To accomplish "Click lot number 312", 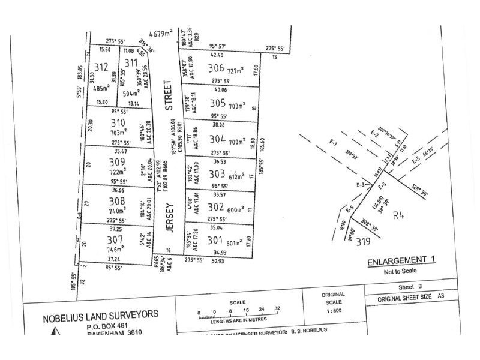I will click(x=100, y=67).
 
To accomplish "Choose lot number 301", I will click(x=215, y=241).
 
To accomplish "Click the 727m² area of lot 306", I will click(x=236, y=71).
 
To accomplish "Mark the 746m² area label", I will click(x=115, y=248).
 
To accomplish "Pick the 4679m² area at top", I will click(x=161, y=33).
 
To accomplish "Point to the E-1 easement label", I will click(x=335, y=144).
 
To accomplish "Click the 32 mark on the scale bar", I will click(x=277, y=309).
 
